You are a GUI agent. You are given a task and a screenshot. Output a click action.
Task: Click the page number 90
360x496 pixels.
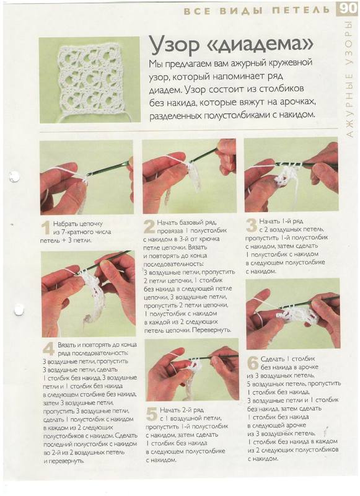[x=348, y=9]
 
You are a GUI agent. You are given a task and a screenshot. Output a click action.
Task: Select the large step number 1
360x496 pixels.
[x=46, y=228]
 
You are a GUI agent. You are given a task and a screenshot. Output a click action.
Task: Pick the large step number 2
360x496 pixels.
[x=149, y=227]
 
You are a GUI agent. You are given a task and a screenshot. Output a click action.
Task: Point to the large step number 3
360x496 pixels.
[x=252, y=226]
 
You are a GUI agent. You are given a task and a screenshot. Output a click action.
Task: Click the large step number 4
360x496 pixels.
[x=49, y=349]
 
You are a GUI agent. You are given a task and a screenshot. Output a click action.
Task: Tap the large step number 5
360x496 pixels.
[x=152, y=414]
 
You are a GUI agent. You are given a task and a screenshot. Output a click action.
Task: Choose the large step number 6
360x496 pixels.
[x=253, y=363]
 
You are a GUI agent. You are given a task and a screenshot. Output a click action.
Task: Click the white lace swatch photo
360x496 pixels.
[x=89, y=80]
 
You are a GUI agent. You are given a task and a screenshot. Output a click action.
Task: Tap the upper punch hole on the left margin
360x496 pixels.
[x=14, y=177]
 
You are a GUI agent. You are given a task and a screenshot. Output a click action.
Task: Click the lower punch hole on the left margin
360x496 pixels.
[x=19, y=309]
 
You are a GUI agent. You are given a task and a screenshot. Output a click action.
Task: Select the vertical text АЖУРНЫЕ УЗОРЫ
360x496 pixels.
[x=349, y=79]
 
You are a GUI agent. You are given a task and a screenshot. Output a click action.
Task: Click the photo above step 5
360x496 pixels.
[x=192, y=370]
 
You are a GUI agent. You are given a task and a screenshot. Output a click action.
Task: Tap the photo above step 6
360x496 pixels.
[x=293, y=314]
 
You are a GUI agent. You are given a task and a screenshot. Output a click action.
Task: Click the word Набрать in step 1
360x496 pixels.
[x=64, y=224]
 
